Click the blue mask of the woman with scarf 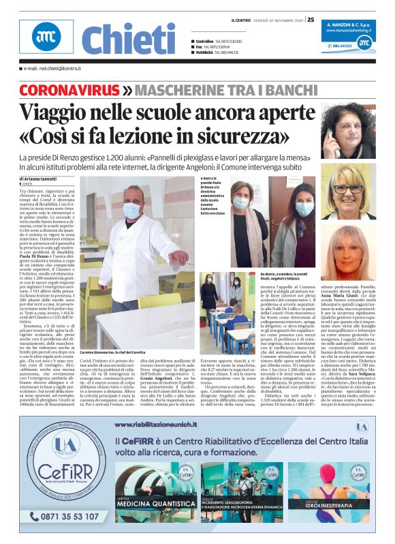point(241,203)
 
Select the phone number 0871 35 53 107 point(64,516)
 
